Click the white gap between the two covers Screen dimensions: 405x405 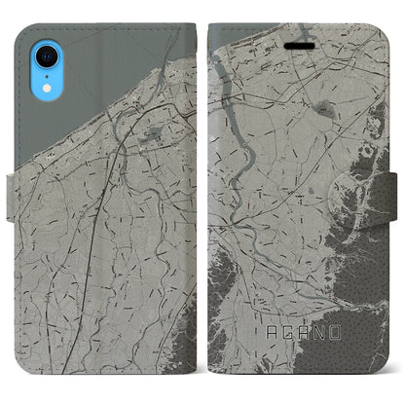pyautogui.click(x=202, y=195)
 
